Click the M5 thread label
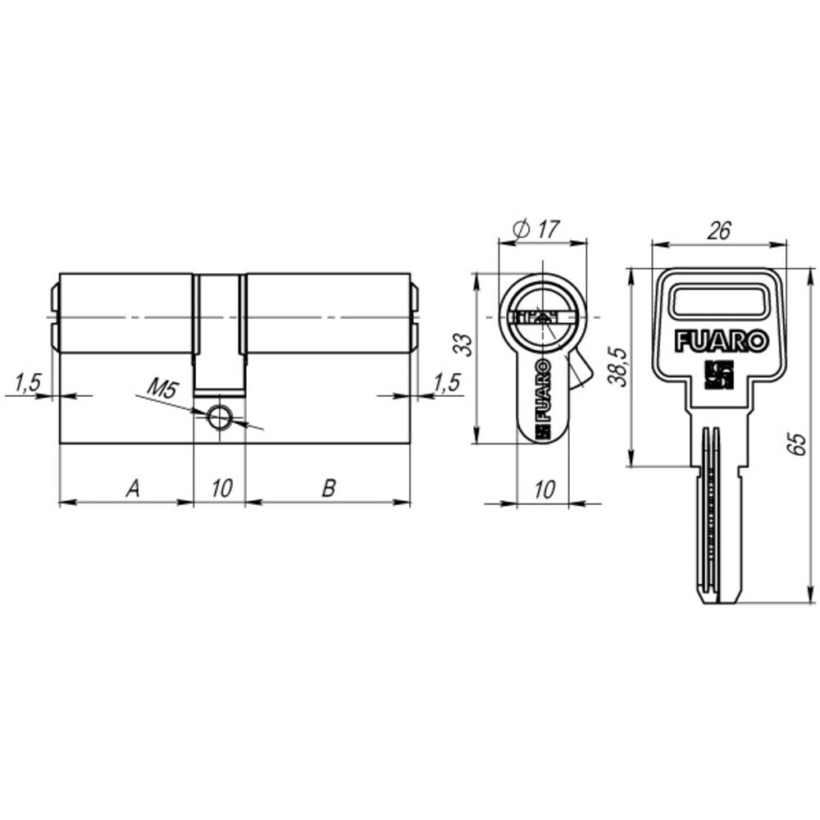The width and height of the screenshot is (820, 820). pyautogui.click(x=162, y=389)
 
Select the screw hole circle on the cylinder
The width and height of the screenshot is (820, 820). pyautogui.click(x=219, y=417)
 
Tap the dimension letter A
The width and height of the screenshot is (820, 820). pyautogui.click(x=134, y=489)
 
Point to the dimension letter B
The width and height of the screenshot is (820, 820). pyautogui.click(x=329, y=489)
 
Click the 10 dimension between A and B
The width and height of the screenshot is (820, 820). pyautogui.click(x=221, y=489)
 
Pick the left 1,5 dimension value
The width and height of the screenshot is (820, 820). pyautogui.click(x=27, y=383)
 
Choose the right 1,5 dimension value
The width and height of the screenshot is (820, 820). pyautogui.click(x=446, y=383)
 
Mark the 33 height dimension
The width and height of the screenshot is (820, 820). pyautogui.click(x=462, y=345)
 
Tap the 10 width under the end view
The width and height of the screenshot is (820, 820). pyautogui.click(x=544, y=490)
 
